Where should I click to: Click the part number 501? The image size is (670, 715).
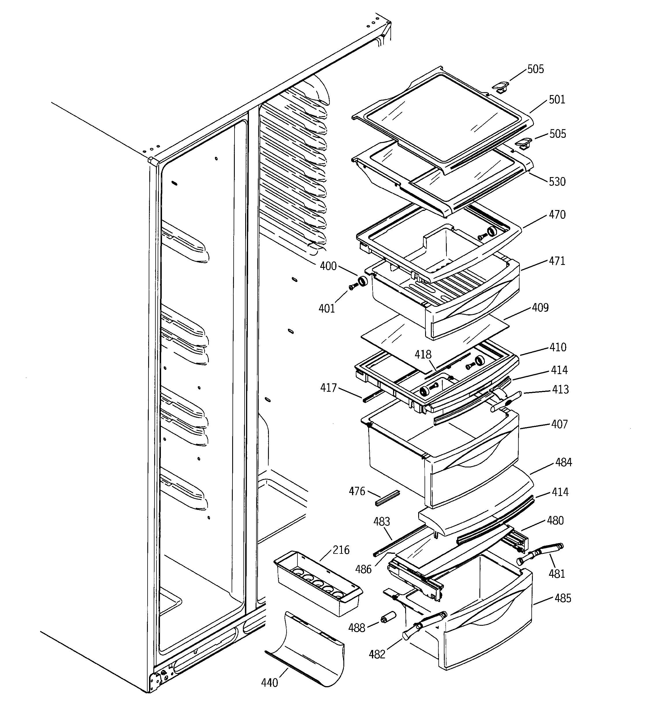(x=557, y=100)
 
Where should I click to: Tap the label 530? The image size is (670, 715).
(x=557, y=182)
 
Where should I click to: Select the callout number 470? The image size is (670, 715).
(x=557, y=215)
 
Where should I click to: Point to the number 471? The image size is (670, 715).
(x=557, y=261)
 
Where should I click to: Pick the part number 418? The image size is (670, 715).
(x=423, y=355)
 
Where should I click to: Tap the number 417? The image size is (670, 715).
(x=328, y=388)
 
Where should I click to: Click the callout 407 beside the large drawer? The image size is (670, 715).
(x=559, y=424)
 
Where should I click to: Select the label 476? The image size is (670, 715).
(x=357, y=491)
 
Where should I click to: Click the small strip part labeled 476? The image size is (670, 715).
(x=387, y=498)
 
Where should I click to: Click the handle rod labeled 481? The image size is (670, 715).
(x=539, y=554)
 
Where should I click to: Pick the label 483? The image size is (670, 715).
(x=381, y=521)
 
